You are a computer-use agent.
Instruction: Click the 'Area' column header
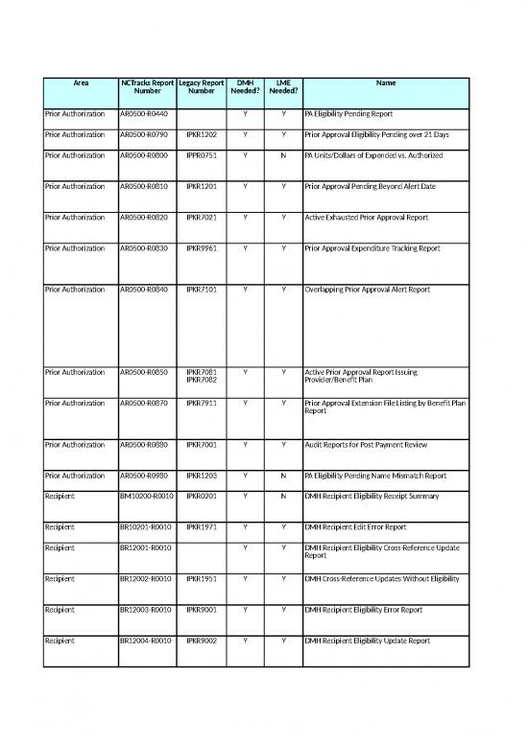pos(80,83)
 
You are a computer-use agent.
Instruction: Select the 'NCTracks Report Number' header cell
pos(148,88)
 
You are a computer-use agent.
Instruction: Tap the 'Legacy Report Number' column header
pos(202,88)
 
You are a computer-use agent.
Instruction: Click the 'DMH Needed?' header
pos(246,88)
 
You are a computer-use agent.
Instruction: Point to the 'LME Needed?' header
pos(283,88)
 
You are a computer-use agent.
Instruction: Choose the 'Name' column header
pos(385,83)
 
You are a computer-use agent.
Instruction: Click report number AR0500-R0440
pos(144,114)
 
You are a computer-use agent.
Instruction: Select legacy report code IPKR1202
pos(202,135)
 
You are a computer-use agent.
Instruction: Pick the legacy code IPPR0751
pos(202,155)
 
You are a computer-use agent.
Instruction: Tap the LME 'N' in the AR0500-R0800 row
pos(283,155)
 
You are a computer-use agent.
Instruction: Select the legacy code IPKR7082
pos(202,380)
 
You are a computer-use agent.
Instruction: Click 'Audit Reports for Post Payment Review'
pos(361,445)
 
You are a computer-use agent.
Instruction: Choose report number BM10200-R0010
pos(146,496)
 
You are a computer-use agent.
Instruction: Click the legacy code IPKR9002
pos(202,640)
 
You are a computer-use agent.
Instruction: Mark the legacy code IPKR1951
pos(202,579)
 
